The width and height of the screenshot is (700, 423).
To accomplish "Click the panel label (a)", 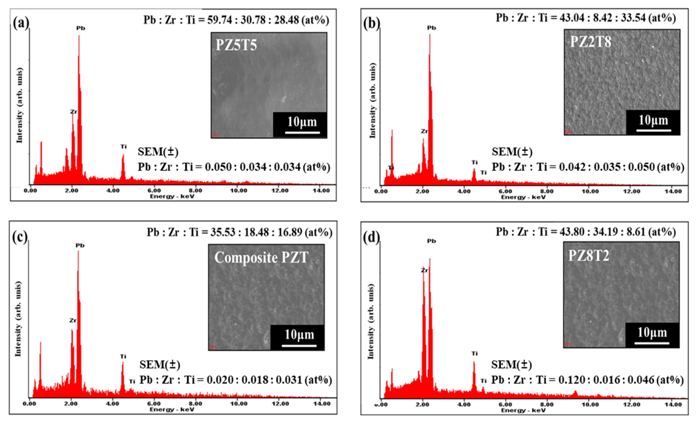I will pos(21,23).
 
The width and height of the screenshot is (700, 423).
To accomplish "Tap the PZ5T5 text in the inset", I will pos(236,45).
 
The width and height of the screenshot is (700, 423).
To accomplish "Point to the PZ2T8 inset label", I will pos(591,42).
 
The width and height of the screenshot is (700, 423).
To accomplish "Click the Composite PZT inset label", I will pos(261,258).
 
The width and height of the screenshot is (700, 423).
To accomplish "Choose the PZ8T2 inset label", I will pos(589,255).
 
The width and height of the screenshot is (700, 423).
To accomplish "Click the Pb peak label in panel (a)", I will pos(81,28).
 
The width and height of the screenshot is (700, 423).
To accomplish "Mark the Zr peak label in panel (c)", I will pos(73,321).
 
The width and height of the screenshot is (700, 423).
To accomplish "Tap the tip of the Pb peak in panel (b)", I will pos(430,35).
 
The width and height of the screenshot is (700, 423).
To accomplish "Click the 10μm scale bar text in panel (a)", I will pos(302,122).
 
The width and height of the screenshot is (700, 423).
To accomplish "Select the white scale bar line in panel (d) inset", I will pos(652,343).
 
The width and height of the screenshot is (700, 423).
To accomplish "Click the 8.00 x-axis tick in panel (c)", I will pos(195,403).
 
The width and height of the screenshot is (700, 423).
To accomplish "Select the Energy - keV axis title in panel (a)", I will pos(172,197).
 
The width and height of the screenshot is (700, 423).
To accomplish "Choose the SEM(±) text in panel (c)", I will pos(160,364).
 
